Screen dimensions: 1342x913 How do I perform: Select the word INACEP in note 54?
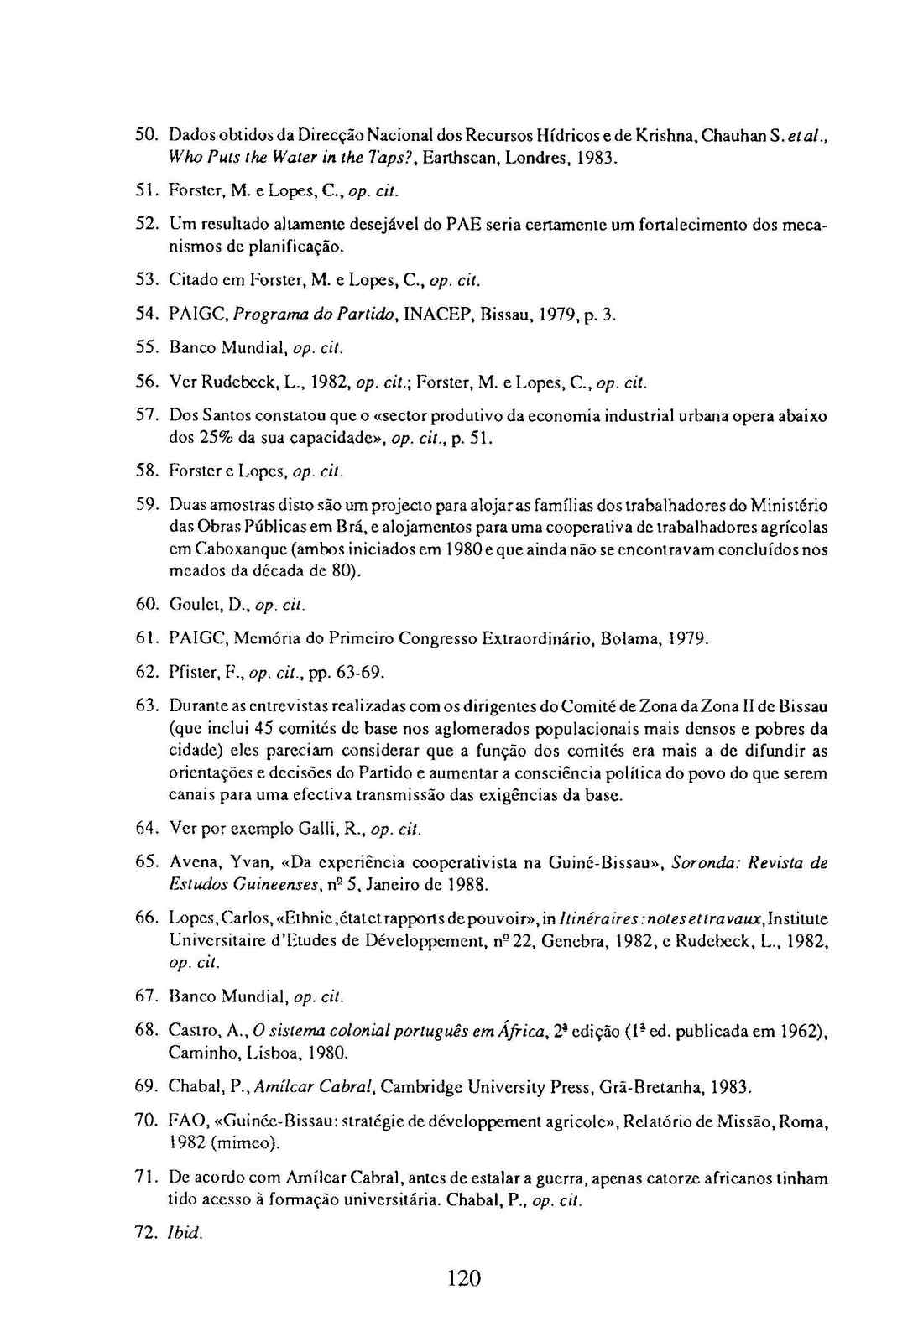tap(439, 314)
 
